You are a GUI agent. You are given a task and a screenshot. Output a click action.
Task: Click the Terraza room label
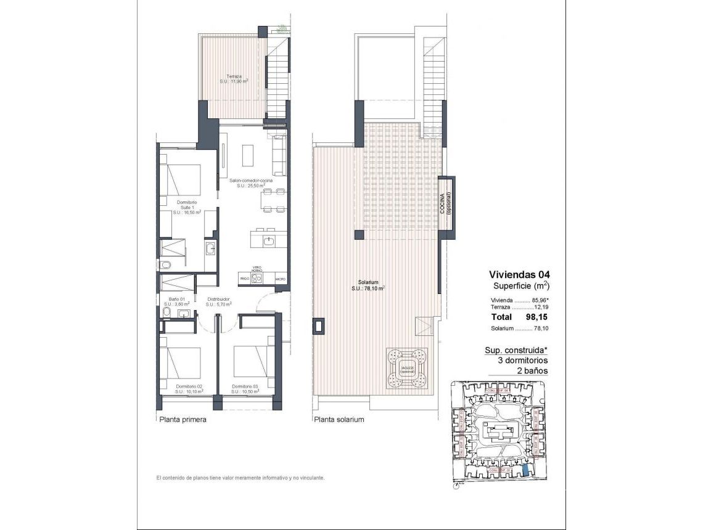[x=234, y=78]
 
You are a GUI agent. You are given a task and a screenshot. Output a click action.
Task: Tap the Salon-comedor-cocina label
[x=247, y=182]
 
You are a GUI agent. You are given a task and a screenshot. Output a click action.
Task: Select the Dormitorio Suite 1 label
[x=186, y=207]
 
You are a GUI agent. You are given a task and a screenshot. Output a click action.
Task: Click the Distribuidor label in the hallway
[x=218, y=301]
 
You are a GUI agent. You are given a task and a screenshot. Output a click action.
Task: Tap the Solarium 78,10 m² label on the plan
[x=368, y=285]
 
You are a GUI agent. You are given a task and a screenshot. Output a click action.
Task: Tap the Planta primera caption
[x=182, y=420]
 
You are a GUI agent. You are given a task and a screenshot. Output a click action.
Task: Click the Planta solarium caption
[x=339, y=420]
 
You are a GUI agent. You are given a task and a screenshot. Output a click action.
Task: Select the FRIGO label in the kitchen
[x=245, y=279]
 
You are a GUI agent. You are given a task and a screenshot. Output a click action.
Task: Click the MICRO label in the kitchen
[x=280, y=279]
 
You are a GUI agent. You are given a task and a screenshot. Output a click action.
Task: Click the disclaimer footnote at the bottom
[x=240, y=478]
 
